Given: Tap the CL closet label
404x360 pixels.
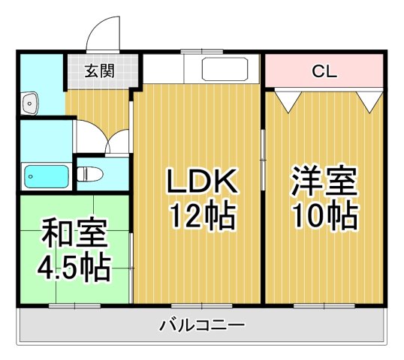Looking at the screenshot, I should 324,72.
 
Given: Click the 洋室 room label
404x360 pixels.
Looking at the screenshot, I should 324,182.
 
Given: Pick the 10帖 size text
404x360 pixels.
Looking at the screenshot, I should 324,217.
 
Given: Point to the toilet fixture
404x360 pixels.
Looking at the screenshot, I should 91,174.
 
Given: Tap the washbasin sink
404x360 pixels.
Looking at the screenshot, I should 29,102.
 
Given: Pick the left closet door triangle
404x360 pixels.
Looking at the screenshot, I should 286,97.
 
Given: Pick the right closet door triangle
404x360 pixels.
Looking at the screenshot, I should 369,98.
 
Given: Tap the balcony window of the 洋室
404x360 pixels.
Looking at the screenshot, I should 324,305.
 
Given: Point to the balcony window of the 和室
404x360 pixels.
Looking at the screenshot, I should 74,305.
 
